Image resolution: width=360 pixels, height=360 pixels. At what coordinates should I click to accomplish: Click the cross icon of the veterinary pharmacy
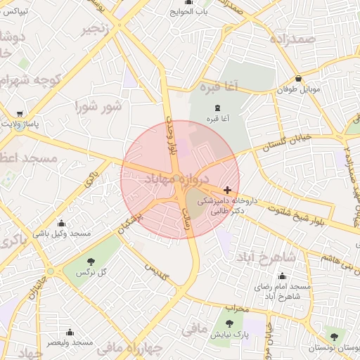[227, 190]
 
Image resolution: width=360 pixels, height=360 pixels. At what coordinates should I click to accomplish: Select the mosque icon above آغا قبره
[215, 108]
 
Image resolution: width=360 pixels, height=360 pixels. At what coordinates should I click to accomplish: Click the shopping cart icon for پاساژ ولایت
[19, 113]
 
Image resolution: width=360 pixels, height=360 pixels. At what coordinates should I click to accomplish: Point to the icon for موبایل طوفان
[300, 79]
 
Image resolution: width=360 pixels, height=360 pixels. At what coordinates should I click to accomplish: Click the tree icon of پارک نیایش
[230, 323]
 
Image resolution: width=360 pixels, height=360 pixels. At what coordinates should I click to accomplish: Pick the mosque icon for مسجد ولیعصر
[70, 331]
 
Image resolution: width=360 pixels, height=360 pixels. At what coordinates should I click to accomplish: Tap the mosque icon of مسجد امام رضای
[283, 276]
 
